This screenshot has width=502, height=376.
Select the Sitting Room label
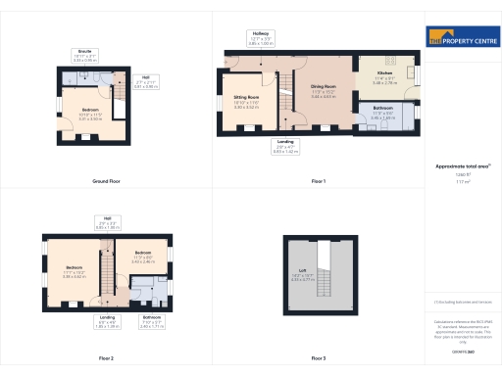point(245,98)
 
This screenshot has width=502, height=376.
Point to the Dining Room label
point(324,88)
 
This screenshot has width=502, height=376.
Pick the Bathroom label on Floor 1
point(383,107)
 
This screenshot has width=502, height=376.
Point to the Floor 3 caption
point(318,359)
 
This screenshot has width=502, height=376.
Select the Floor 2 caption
point(106,359)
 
